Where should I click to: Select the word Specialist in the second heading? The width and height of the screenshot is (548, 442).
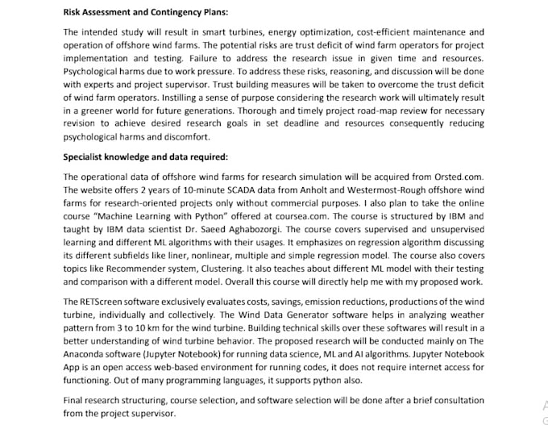[x=87, y=156]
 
